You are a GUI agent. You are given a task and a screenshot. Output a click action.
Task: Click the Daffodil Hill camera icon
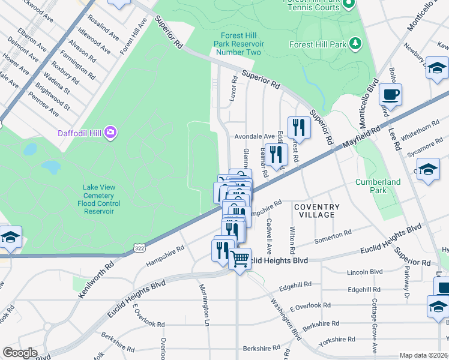click(110, 132)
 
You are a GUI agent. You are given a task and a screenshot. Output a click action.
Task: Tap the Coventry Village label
click(316, 211)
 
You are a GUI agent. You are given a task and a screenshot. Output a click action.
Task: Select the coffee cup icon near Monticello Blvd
click(390, 94)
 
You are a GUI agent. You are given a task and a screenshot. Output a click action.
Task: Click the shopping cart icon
click(240, 259)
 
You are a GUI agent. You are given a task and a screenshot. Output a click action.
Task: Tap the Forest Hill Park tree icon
click(356, 44)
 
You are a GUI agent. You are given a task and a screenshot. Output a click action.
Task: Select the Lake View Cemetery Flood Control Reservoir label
click(99, 199)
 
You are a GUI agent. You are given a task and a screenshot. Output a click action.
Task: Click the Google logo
click(20, 352)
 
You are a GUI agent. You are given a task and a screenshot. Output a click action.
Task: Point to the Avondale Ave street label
click(254, 136)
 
